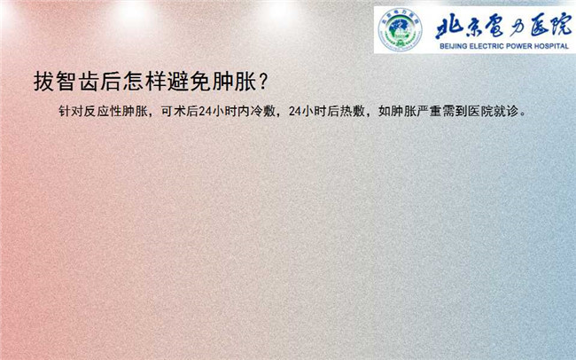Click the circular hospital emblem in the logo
[x=400, y=29]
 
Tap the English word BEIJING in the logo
[x=454, y=46]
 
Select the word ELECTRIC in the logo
[x=485, y=46]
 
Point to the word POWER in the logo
[x=513, y=46]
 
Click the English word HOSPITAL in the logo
[x=548, y=46]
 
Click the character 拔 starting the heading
[x=44, y=82]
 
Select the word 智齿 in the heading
[x=77, y=82]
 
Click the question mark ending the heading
[x=262, y=82]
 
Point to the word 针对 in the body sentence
[x=71, y=111]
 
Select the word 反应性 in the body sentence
[x=103, y=111]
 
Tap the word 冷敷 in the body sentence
[x=263, y=111]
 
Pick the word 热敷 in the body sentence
[x=353, y=111]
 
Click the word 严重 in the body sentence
[x=430, y=111]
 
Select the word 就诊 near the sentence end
[x=506, y=111]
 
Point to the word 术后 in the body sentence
[x=186, y=111]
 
